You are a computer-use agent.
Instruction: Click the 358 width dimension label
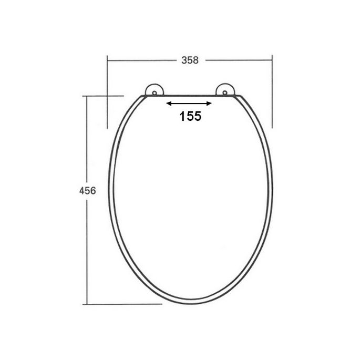pyautogui.click(x=190, y=60)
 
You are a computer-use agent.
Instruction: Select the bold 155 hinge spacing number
pyautogui.click(x=190, y=117)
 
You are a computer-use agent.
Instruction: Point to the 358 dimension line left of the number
pyautogui.click(x=142, y=60)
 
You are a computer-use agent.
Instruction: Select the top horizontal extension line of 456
pyautogui.click(x=105, y=96)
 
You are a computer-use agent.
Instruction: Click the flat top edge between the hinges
pyautogui.click(x=190, y=97)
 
